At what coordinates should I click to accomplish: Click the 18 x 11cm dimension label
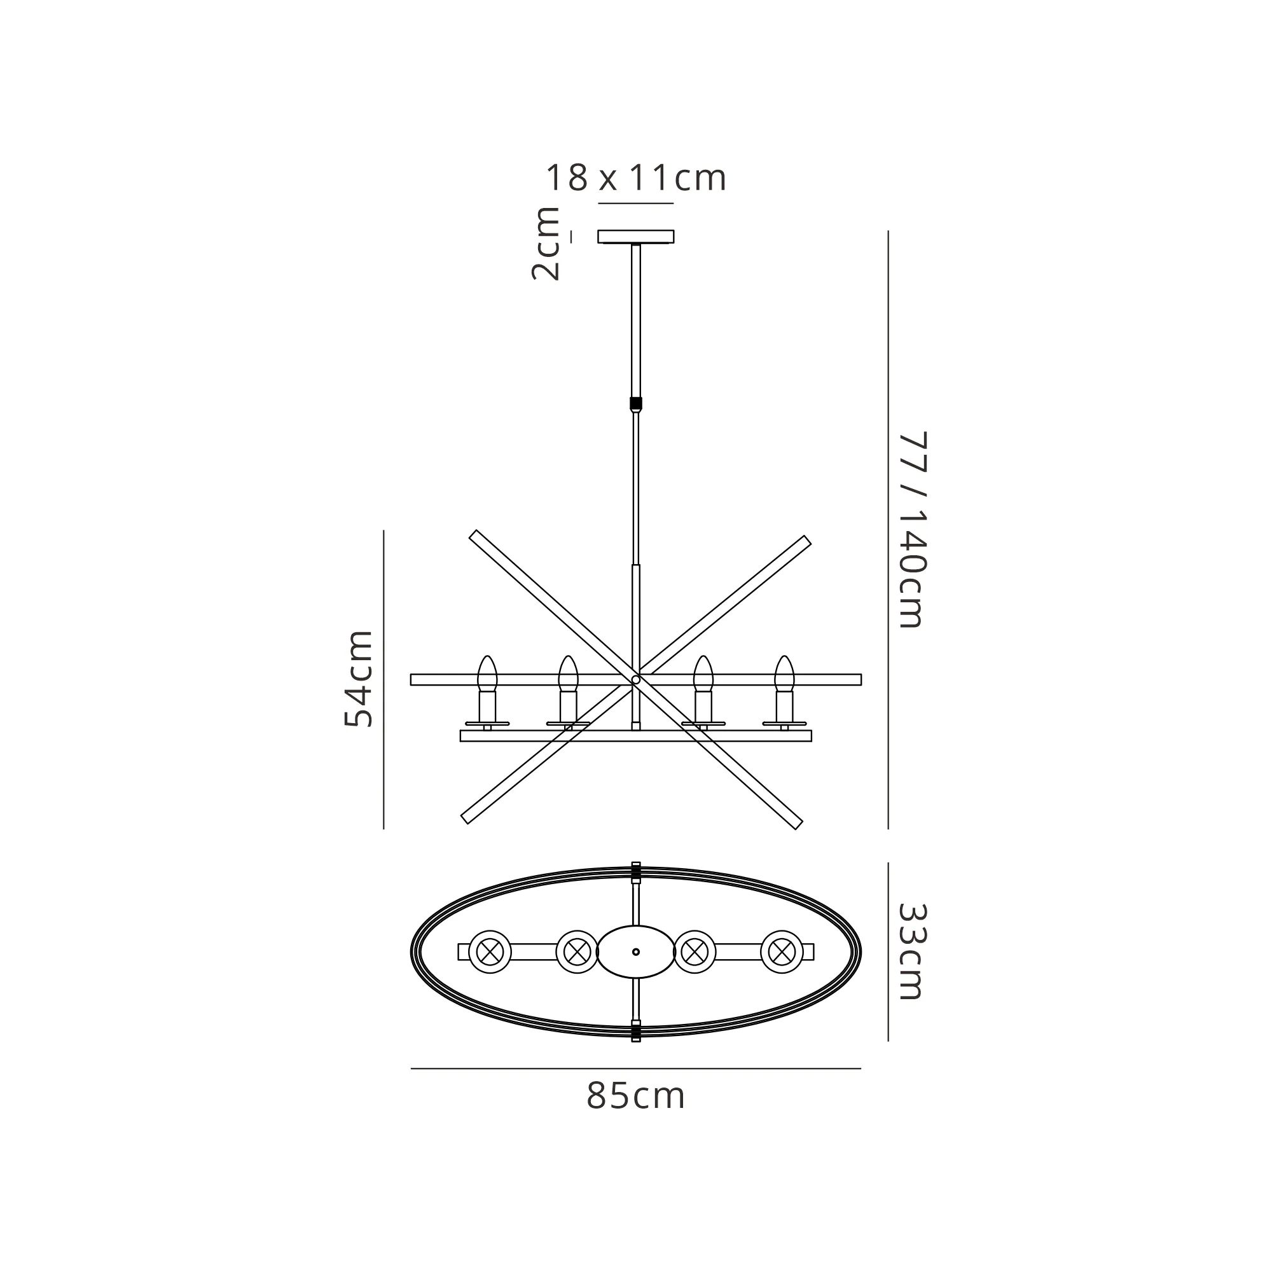(636, 178)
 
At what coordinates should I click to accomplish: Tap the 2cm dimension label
(546, 244)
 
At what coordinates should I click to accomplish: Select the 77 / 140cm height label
(913, 530)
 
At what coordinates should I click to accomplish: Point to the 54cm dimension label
(359, 679)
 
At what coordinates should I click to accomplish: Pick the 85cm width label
(636, 1097)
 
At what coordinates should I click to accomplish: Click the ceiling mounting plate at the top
(636, 237)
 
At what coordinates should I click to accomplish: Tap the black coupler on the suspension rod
(636, 404)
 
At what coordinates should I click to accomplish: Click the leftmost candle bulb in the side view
(487, 674)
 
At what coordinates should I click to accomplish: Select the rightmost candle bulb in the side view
(784, 674)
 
